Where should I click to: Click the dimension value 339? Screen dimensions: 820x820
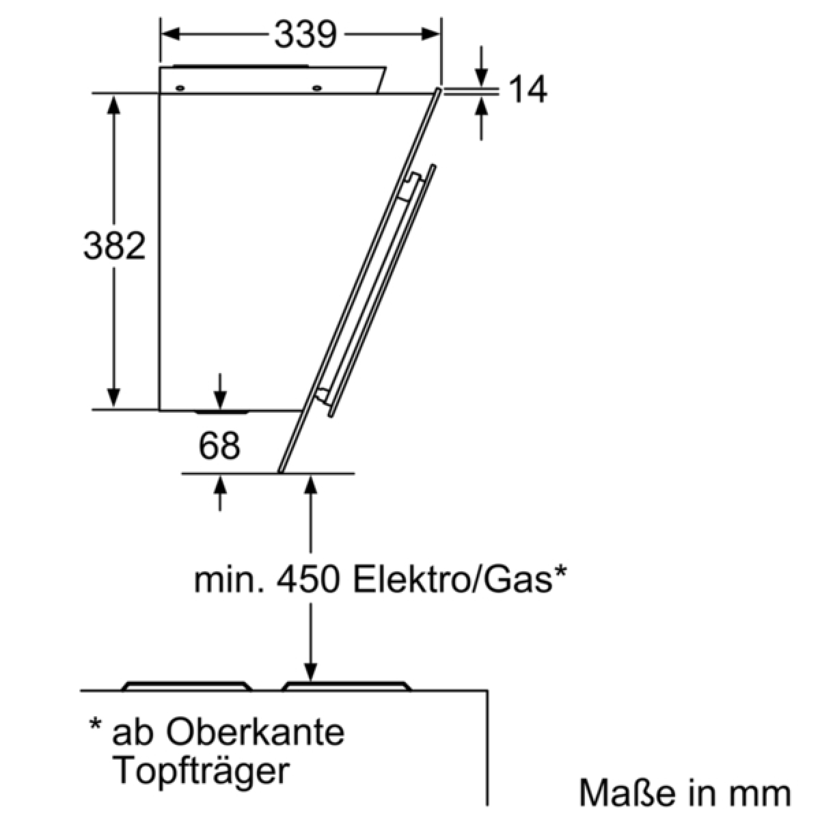(x=305, y=34)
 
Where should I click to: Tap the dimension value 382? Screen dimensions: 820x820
(x=115, y=245)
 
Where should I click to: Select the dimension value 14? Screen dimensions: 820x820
(x=528, y=89)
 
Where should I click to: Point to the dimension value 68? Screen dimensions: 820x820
(x=219, y=446)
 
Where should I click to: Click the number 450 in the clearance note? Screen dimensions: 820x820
(x=308, y=580)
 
